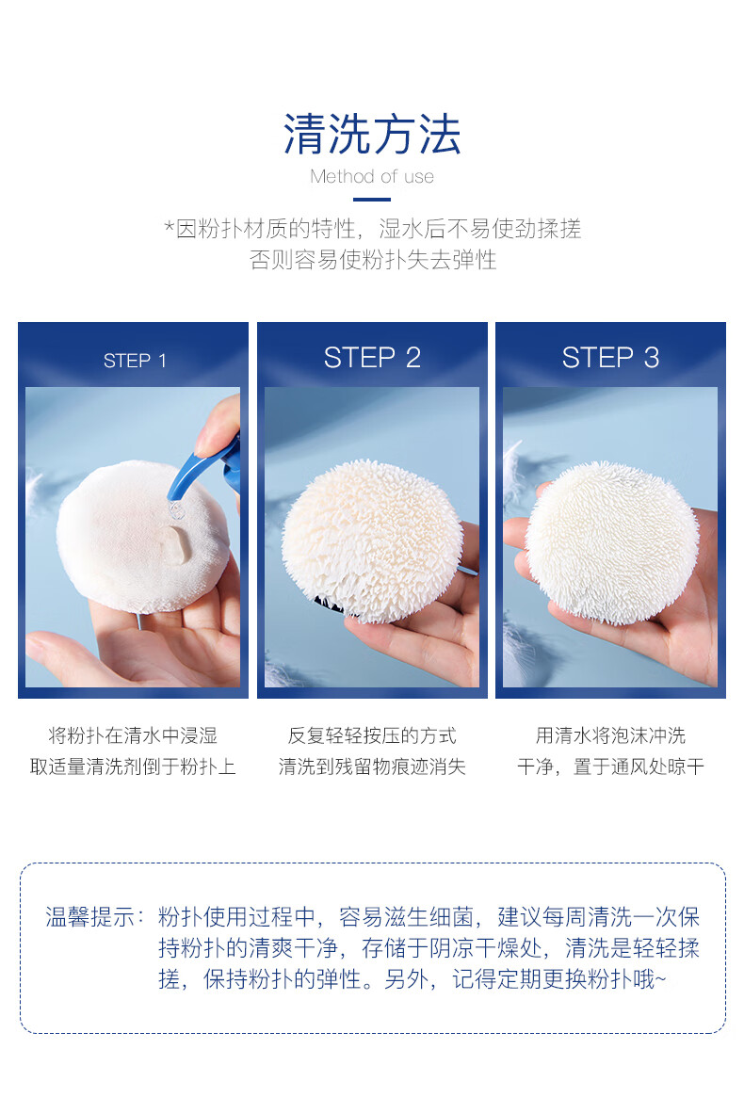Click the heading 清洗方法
pos(372,135)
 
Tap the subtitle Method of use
pos(372,176)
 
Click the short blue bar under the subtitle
pos(372,200)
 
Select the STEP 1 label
pos(135,361)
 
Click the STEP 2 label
pos(372,358)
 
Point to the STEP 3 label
pos(610,358)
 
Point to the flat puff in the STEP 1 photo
pos(142,535)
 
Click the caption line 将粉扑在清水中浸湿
pos(132,735)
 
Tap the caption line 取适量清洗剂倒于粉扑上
pos(132,766)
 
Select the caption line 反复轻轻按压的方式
pos(372,735)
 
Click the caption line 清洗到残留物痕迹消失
pos(372,766)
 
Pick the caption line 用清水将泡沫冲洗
pos(610,735)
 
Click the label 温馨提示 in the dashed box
pos(89,916)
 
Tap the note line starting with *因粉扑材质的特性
pos(372,228)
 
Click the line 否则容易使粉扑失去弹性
pos(372,260)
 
